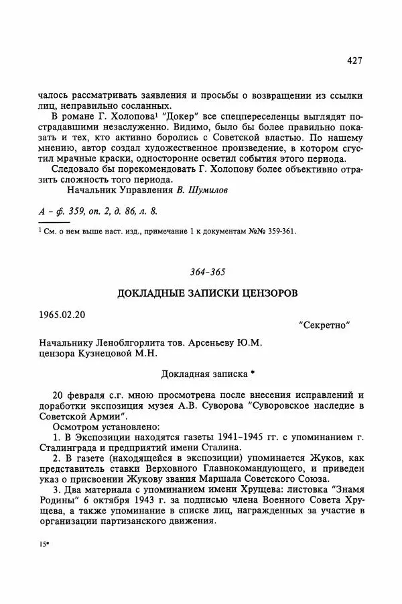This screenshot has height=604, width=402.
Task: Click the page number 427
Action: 354,60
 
